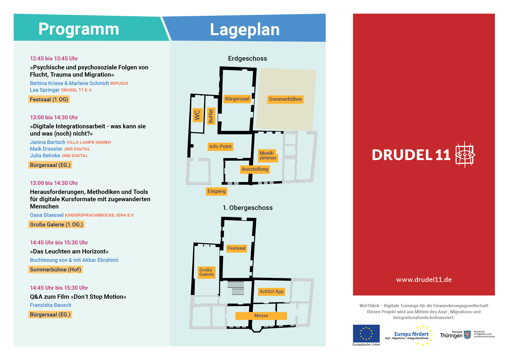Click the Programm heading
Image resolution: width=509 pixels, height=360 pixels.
tap(79, 29)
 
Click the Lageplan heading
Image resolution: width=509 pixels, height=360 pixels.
tap(245, 30)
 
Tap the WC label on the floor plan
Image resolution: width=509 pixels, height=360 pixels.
tap(197, 115)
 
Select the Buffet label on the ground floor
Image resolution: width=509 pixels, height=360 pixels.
tap(211, 116)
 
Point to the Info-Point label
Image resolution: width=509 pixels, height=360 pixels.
tap(221, 146)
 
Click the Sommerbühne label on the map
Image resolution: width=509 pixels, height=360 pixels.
tap(285, 99)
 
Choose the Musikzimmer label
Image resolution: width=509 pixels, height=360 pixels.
tap(268, 155)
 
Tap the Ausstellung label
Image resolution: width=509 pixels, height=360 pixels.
tap(255, 169)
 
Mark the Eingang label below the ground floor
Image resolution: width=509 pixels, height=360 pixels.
tap(216, 191)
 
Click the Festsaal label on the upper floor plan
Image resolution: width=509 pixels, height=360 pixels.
tap(237, 248)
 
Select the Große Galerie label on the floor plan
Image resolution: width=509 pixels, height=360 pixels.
tap(206, 272)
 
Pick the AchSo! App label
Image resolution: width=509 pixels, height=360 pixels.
tap(271, 291)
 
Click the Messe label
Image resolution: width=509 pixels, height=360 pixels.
tap(261, 316)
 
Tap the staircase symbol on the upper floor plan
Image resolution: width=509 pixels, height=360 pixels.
tap(236, 288)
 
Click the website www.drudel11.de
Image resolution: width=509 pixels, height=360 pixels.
tap(424, 280)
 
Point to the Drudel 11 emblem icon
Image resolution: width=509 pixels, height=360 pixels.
tap(465, 154)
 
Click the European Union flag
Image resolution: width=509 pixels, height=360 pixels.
tap(366, 333)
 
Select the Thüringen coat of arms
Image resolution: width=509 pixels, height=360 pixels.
tap(467, 335)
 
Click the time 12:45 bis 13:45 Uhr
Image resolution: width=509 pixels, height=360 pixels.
tap(54, 59)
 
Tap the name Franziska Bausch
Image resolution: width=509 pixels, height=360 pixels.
tap(50, 305)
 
